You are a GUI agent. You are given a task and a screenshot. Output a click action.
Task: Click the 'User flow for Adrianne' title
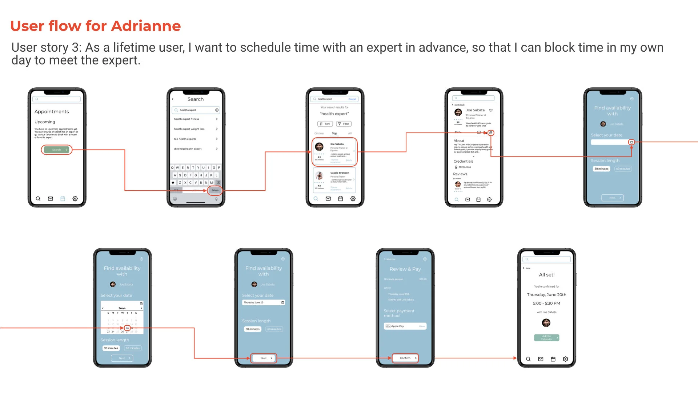coord(95,26)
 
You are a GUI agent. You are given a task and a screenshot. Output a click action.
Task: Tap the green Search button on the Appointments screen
coord(56,150)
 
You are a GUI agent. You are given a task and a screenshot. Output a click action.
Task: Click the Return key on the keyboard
coord(215,190)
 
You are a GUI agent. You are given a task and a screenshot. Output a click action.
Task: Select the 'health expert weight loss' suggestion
coord(189,129)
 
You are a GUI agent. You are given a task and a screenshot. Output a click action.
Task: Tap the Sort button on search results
coord(325,124)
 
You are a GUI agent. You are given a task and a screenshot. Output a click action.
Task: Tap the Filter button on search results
coord(344,124)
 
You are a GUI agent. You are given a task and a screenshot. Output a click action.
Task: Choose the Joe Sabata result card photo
coord(319,147)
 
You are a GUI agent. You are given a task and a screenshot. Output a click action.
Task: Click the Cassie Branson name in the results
coord(340,173)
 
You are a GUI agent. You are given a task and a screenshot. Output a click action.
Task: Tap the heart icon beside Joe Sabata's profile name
coord(491,110)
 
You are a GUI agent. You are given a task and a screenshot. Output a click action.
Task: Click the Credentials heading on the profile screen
coord(463,161)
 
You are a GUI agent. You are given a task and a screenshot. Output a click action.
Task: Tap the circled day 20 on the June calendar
coord(127,328)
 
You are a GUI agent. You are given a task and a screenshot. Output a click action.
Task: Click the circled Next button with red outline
coord(264,358)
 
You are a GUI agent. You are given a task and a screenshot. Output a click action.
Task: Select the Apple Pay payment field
coord(405,326)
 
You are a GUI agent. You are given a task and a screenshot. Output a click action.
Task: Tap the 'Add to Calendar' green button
coord(546,338)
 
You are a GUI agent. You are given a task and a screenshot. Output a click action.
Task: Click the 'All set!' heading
coord(546,275)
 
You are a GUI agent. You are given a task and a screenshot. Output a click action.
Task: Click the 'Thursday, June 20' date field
coord(263,302)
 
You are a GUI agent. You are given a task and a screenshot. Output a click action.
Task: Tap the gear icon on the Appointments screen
coord(75,199)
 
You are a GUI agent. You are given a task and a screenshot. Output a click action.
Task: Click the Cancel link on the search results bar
coord(352,99)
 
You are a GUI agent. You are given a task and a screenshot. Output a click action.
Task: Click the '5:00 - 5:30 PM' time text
coord(546,303)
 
